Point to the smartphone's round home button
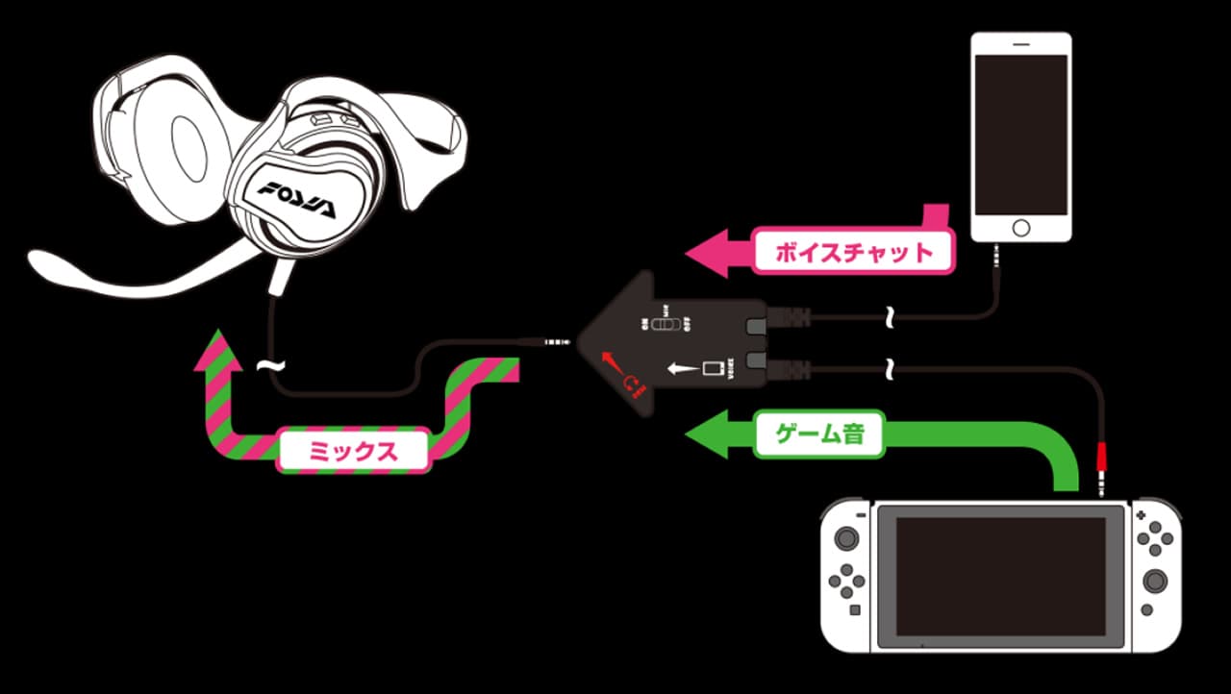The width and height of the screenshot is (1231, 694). point(1020,229)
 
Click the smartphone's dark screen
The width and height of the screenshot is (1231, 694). point(1020,135)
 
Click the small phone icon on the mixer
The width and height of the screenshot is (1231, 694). point(713,368)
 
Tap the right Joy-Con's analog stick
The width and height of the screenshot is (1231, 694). point(1154,581)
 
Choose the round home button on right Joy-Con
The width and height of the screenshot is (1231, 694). point(1143,609)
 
